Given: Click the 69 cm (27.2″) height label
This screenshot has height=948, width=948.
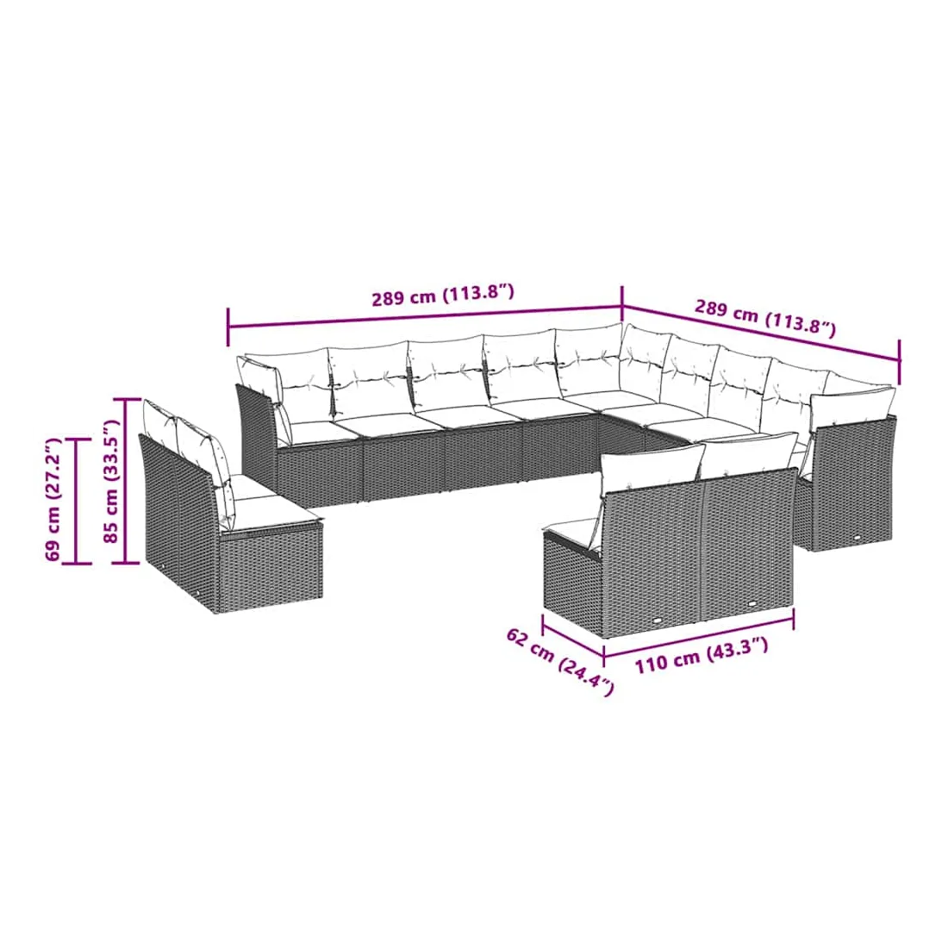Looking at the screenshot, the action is point(54,500).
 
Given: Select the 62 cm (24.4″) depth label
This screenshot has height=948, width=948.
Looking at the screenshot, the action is point(560,661).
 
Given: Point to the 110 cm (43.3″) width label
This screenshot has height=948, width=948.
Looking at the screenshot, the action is point(702,655).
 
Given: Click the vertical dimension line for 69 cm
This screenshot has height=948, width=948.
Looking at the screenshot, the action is point(76,500).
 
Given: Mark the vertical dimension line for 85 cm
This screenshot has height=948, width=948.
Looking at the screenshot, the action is point(125,481).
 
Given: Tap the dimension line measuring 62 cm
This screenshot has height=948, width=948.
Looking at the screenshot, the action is point(573,635).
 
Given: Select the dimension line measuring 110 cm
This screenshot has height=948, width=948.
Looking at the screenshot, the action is point(698,635).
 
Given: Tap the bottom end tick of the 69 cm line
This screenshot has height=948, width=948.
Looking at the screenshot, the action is point(76,563).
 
